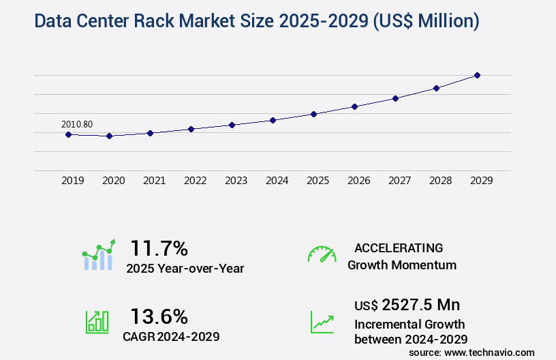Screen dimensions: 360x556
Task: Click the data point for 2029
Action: coord(477,75)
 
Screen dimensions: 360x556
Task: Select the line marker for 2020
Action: coord(109,136)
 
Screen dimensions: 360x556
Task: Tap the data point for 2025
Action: coord(313,114)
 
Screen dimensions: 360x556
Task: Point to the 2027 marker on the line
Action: coord(395,98)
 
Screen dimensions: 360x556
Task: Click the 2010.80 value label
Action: coord(77,124)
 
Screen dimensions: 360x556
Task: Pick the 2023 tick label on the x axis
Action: coord(236,181)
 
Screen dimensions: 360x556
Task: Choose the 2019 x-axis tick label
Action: coord(72,181)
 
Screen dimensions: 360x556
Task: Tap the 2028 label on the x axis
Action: coord(440,181)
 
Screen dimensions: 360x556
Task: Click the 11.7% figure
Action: coord(159,247)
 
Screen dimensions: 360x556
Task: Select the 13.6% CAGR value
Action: coord(159,316)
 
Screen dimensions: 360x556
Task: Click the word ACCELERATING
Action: coord(399,247)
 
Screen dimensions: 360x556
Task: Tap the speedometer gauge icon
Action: coord(322,254)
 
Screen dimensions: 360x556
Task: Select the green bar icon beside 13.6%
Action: coord(96,322)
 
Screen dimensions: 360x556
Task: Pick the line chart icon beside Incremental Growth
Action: coord(322,322)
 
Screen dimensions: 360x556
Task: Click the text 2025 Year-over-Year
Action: coord(185,269)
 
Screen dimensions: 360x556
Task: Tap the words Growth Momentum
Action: coord(402,265)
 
